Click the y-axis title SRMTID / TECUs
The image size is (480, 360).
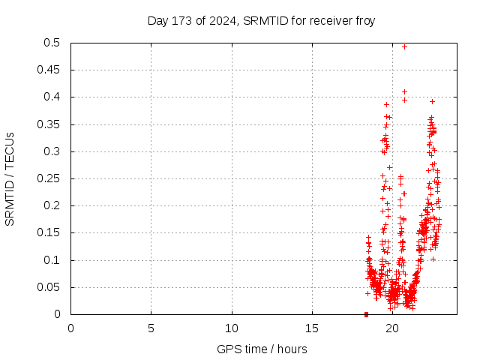tap(10, 178)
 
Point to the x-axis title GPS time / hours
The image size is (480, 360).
tap(262, 349)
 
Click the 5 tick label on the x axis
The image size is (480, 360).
tap(151, 328)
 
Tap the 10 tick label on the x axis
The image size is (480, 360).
tap(232, 328)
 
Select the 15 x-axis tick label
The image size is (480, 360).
tap(312, 328)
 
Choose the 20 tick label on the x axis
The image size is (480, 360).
tap(392, 328)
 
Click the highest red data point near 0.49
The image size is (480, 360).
tap(404, 46)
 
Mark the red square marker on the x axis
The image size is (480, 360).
tap(366, 314)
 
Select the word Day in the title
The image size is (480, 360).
tap(157, 21)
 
